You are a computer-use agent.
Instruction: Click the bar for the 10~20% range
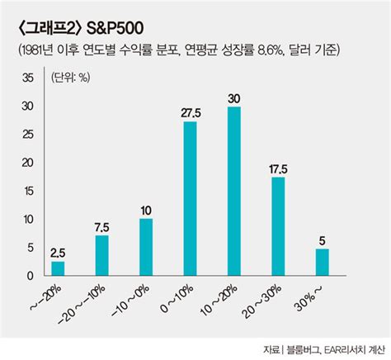233,191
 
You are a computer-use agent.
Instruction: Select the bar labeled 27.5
190,198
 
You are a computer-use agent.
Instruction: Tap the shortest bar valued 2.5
57,268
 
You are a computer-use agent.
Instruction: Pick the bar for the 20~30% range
278,225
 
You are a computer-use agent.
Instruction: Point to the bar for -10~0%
146,246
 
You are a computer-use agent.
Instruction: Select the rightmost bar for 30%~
323,261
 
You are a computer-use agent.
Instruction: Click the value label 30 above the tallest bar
233,99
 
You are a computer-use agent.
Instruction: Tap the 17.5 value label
278,169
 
